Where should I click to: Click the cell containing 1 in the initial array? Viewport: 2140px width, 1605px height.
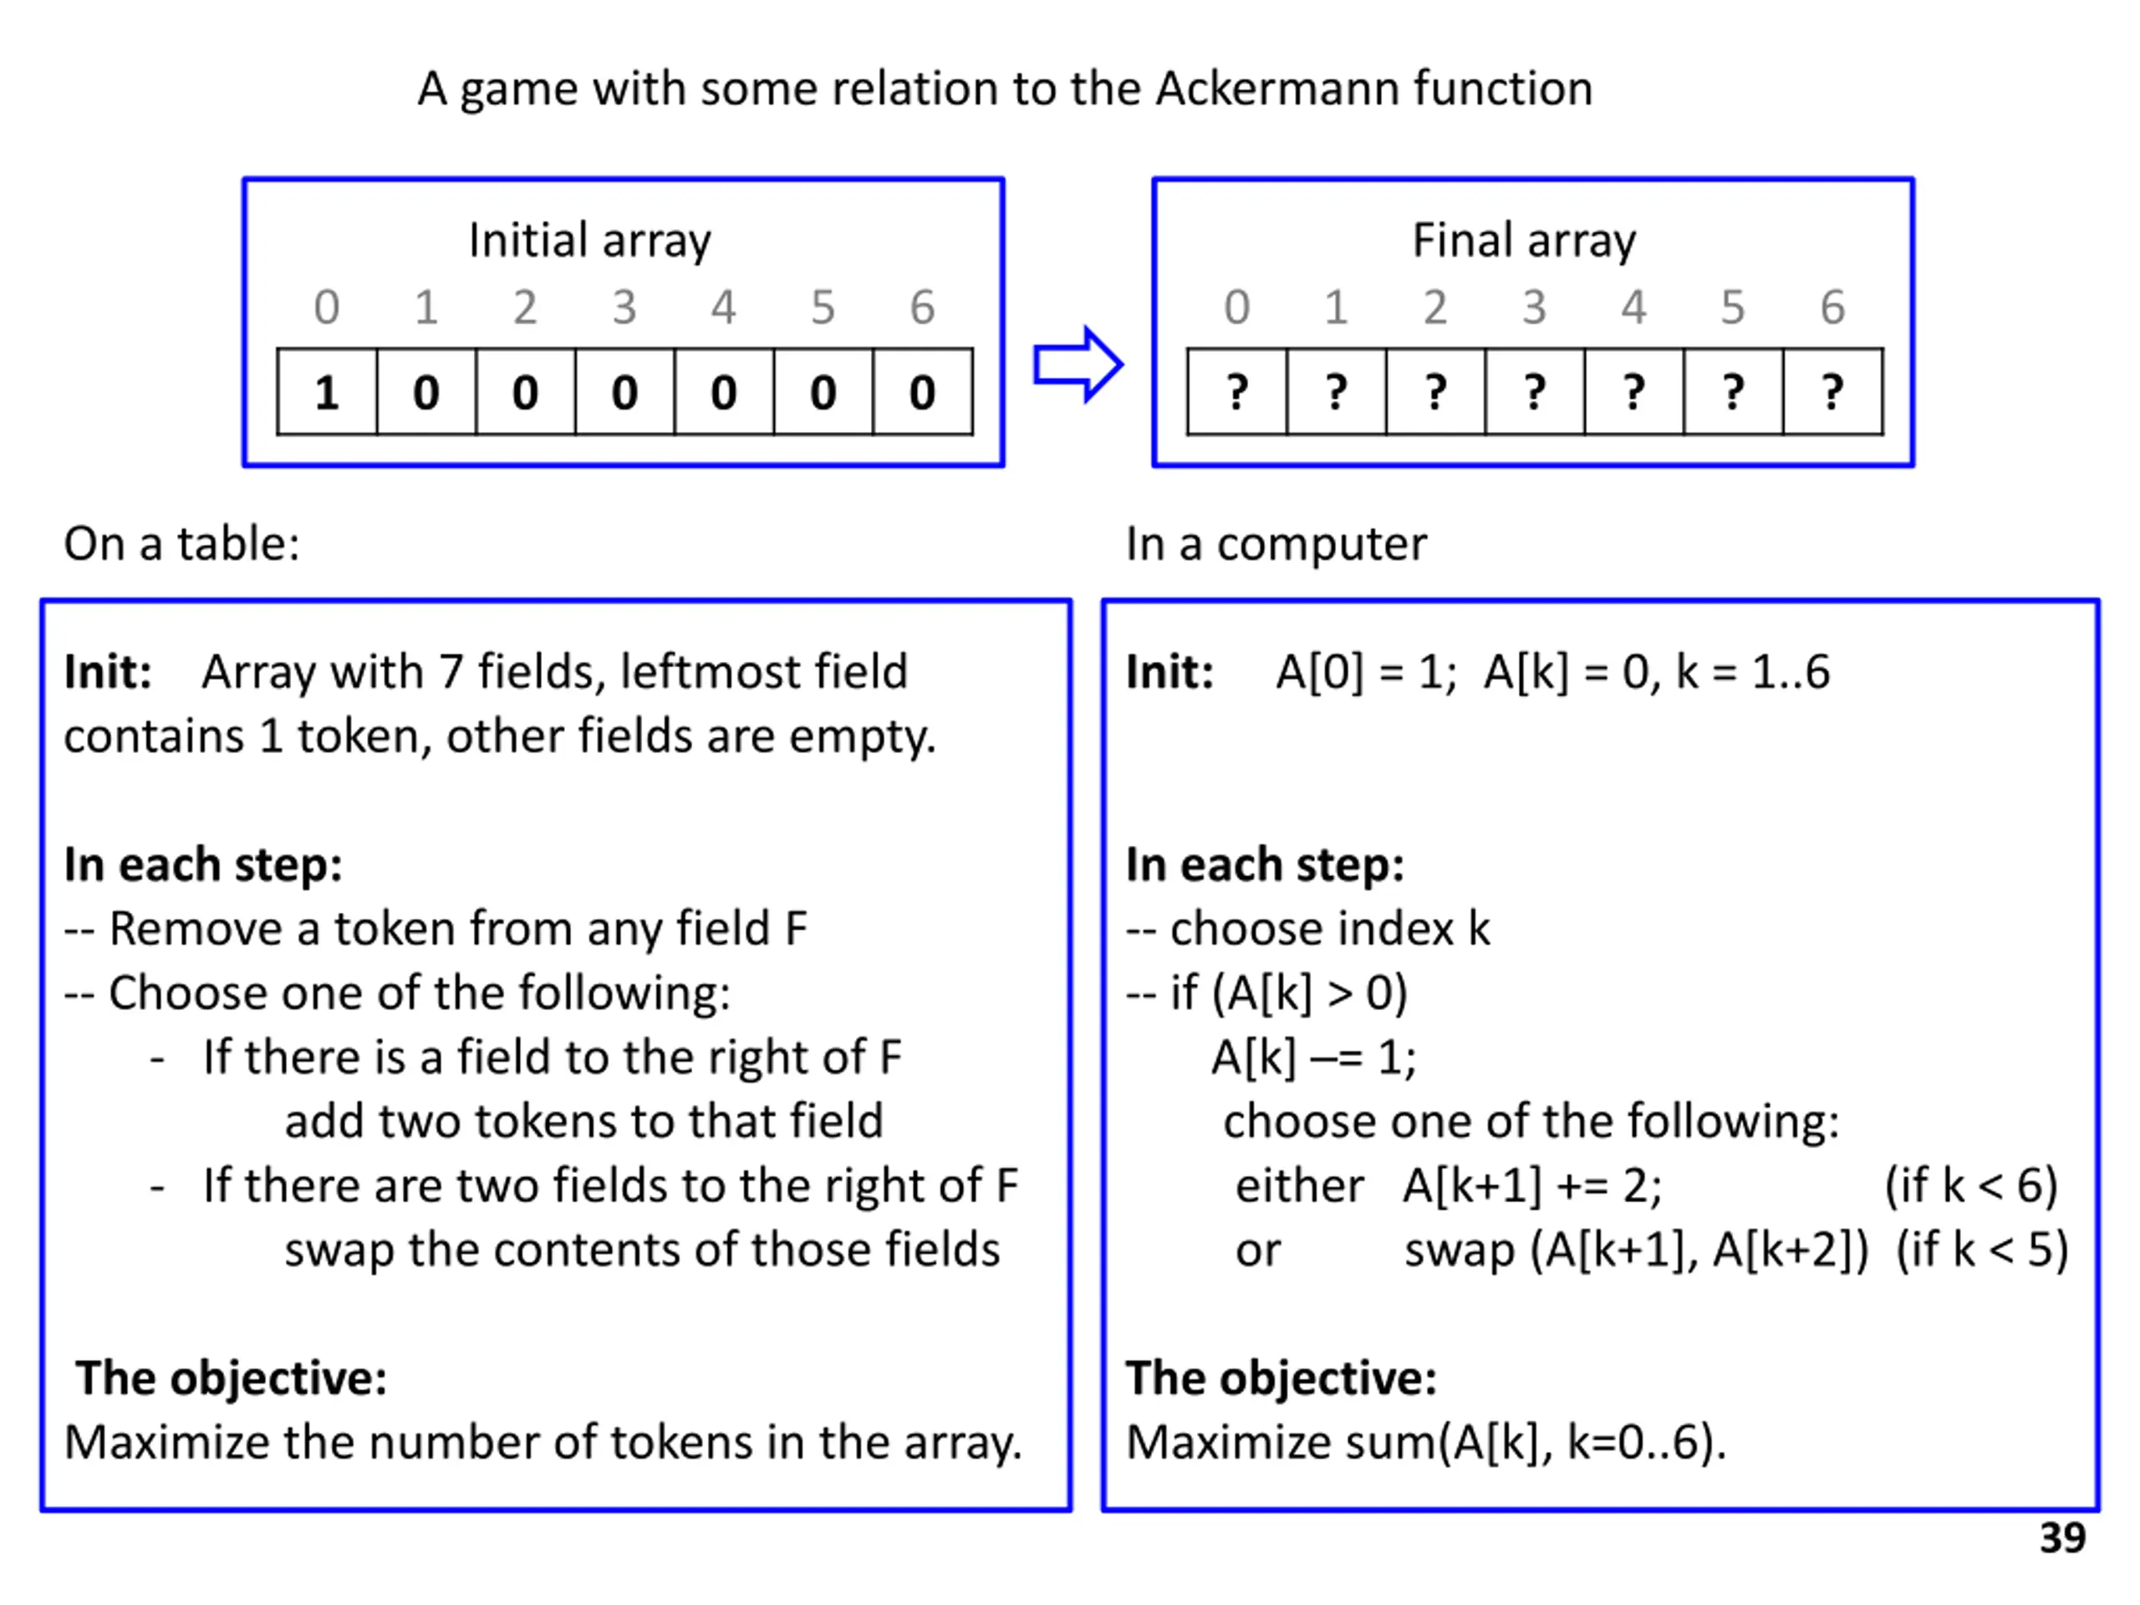pyautogui.click(x=327, y=393)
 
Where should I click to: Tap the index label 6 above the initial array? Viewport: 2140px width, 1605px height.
pyautogui.click(x=922, y=308)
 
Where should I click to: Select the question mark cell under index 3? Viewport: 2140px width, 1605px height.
pyautogui.click(x=1535, y=393)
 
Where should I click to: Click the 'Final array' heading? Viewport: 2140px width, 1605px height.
pyautogui.click(x=1524, y=240)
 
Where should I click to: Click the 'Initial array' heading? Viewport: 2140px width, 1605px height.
pyautogui.click(x=589, y=240)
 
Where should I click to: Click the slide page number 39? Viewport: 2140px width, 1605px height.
pyautogui.click(x=2061, y=1538)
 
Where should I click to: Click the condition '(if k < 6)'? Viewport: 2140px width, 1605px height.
pyautogui.click(x=1970, y=1186)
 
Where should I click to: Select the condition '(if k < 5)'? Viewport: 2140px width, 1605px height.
pyautogui.click(x=1981, y=1250)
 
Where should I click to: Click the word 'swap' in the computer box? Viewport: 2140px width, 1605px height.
pyautogui.click(x=1459, y=1250)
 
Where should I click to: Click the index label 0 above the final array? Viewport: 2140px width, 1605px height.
pyautogui.click(x=1236, y=308)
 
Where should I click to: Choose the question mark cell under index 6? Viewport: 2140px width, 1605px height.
pyautogui.click(x=1832, y=393)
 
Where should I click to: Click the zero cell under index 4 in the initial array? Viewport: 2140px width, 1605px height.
pyautogui.click(x=724, y=393)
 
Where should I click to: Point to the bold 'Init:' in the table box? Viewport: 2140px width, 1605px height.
pyautogui.click(x=107, y=672)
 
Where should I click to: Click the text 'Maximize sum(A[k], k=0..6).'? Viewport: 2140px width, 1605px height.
pyautogui.click(x=1426, y=1443)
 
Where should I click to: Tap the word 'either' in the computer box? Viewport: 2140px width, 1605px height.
pyautogui.click(x=1299, y=1186)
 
